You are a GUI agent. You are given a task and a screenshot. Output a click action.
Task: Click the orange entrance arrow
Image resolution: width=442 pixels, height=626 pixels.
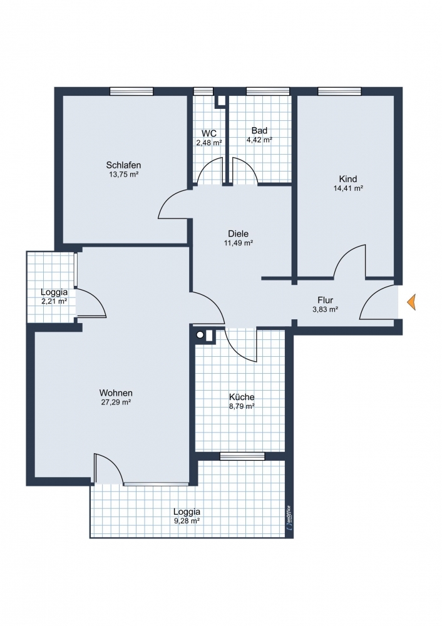tap(412, 302)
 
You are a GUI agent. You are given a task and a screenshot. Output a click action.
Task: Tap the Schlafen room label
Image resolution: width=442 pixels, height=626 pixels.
tap(123, 165)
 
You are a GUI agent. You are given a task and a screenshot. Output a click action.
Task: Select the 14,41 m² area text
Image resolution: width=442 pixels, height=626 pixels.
tap(348, 188)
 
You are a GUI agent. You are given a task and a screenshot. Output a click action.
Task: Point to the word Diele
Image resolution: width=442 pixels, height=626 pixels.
tap(239, 233)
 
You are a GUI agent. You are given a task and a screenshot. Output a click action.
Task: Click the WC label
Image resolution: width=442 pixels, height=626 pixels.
tap(209, 133)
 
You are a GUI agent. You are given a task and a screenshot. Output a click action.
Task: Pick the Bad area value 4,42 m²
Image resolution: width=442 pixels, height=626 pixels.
tap(260, 140)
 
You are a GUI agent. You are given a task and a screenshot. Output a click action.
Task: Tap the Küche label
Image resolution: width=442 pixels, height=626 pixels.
tap(242, 397)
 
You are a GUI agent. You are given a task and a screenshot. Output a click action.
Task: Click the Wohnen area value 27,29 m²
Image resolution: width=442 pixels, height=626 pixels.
tap(116, 403)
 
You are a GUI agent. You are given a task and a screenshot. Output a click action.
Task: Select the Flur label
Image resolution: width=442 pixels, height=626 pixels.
tap(326, 300)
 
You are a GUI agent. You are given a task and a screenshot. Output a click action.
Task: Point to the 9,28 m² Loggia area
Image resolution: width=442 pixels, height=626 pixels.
tap(187, 521)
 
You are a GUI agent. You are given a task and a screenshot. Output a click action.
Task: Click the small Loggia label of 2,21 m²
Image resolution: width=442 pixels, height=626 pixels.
tap(54, 292)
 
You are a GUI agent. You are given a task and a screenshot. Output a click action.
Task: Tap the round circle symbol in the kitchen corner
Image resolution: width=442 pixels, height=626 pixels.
tap(200, 336)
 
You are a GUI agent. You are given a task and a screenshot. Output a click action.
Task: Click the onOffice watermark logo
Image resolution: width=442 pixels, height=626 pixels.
tap(289, 518)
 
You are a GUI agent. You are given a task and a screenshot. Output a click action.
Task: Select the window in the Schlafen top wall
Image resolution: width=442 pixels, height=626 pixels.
tap(131, 91)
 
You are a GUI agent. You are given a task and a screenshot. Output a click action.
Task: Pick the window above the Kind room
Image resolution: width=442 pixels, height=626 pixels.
tap(339, 91)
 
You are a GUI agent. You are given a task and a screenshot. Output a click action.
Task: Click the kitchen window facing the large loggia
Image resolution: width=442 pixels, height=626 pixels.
tap(242, 456)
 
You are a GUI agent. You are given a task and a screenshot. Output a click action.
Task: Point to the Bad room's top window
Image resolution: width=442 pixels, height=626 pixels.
tap(267, 91)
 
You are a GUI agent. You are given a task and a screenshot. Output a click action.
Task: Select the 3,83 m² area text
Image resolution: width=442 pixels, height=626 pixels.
tap(326, 309)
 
